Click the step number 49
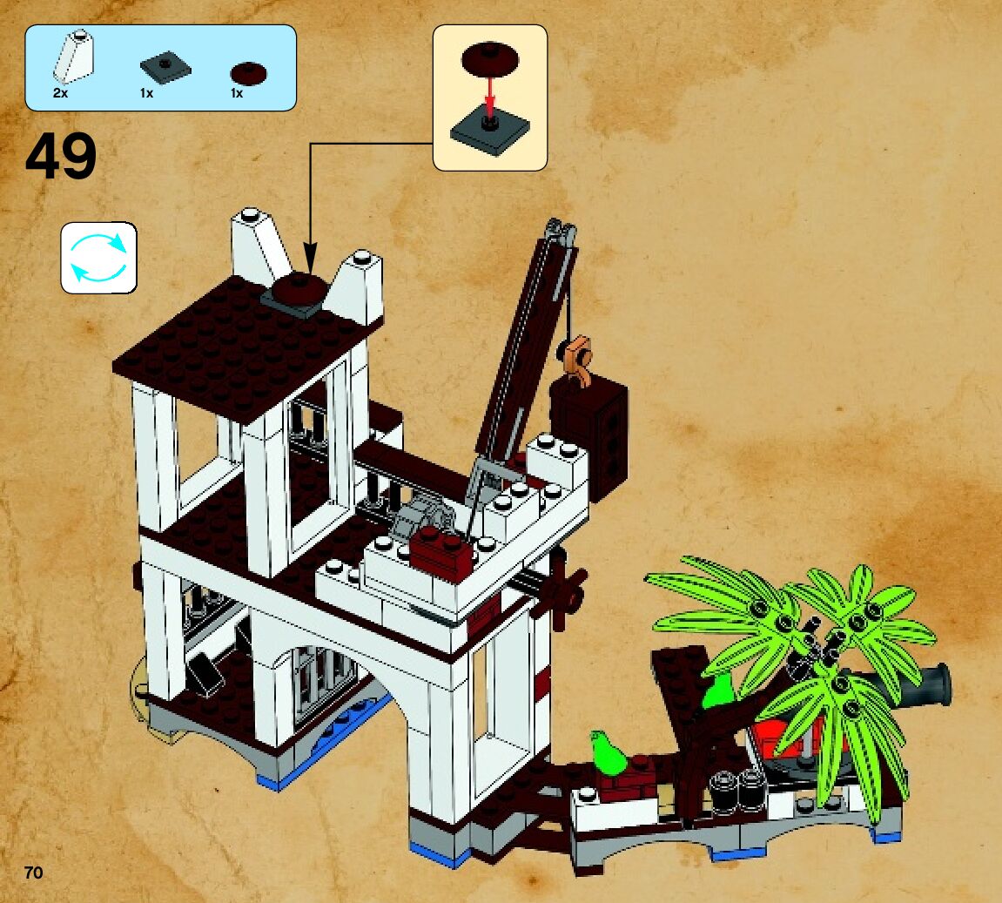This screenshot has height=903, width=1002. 61,158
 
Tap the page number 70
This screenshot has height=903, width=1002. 34,873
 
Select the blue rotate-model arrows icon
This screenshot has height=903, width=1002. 98,257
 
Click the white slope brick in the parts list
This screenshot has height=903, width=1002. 75,57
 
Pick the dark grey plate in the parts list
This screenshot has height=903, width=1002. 165,67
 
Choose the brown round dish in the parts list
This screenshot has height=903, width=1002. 248,74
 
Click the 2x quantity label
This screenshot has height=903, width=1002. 60,93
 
